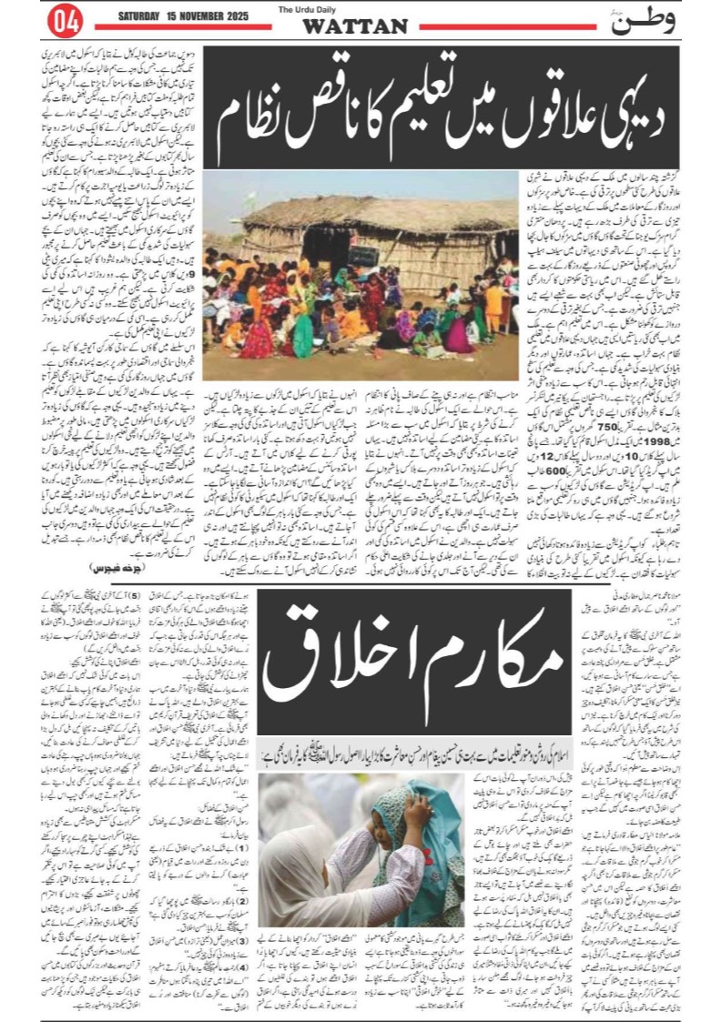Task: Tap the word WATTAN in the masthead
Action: [355, 26]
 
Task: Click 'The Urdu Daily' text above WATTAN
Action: [354, 8]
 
